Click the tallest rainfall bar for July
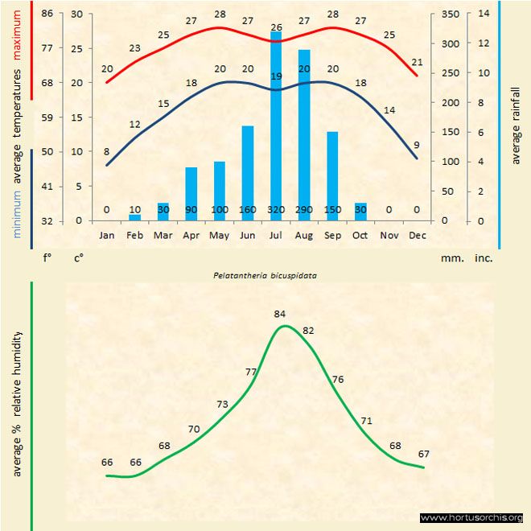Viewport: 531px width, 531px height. (276, 121)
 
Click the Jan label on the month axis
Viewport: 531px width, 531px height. (106, 235)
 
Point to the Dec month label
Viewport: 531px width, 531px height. (417, 235)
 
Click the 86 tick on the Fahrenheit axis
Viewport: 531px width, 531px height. (47, 14)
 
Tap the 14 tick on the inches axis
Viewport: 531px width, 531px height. (484, 14)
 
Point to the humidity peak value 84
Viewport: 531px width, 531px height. (280, 314)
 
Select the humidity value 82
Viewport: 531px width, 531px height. (308, 331)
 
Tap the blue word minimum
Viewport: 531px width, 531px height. (18, 217)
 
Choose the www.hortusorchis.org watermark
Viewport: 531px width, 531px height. (471, 517)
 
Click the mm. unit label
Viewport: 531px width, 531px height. (452, 258)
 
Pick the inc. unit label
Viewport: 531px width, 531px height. (484, 258)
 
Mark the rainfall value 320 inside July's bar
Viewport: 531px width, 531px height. (276, 210)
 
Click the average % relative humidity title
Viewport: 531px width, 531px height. (18, 403)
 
